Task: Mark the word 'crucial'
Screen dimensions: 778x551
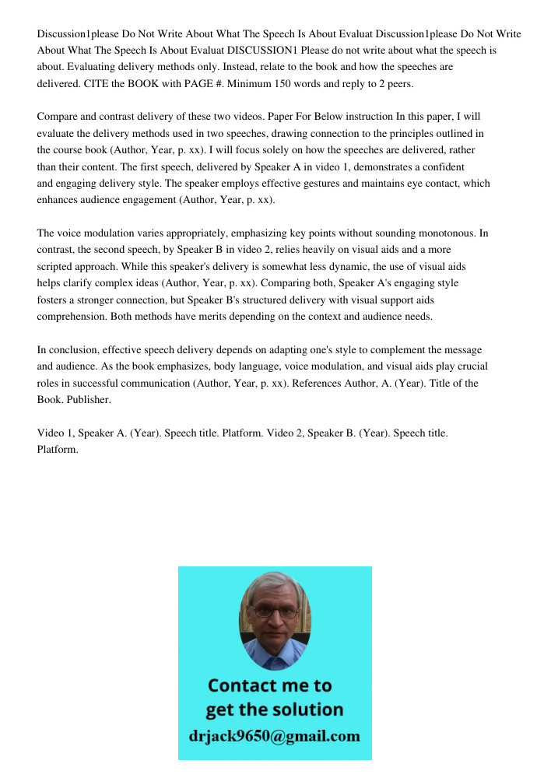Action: tap(469, 366)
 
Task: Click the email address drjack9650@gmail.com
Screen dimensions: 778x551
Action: tap(274, 736)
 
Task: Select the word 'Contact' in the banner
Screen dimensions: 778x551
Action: tap(246, 686)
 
